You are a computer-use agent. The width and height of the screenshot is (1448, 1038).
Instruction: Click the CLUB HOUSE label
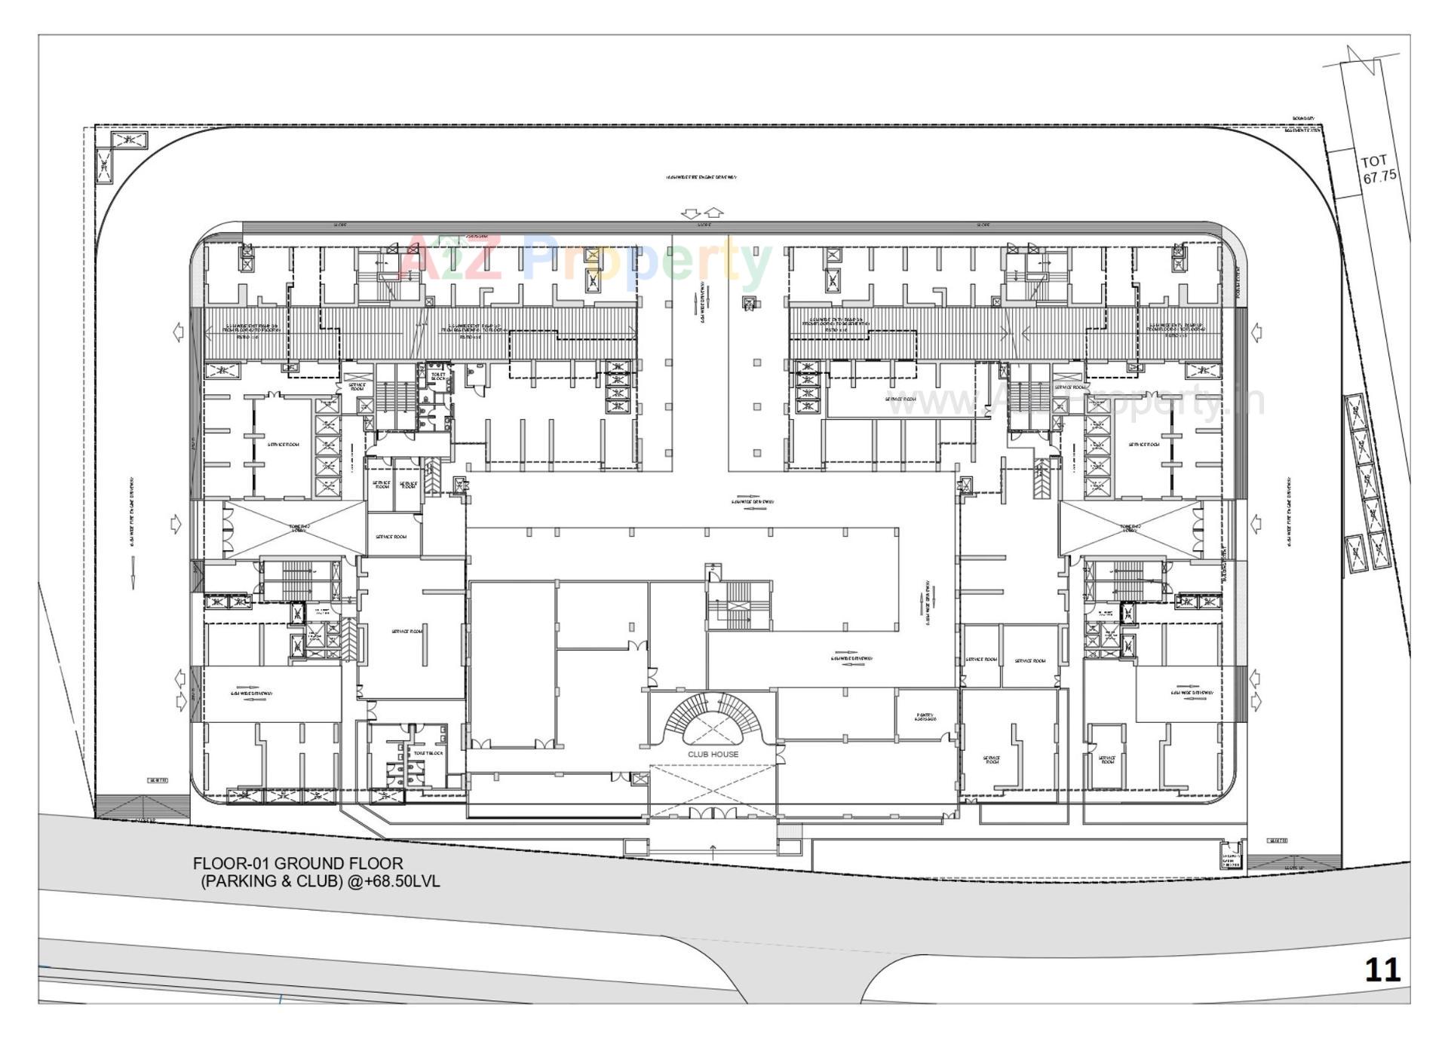(x=713, y=754)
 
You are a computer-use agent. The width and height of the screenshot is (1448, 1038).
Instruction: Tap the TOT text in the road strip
(x=1374, y=161)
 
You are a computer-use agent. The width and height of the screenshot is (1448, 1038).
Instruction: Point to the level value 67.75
(x=1379, y=176)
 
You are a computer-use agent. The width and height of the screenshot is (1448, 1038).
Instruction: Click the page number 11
(x=1382, y=969)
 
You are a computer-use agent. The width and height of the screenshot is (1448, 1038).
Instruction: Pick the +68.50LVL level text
(x=393, y=881)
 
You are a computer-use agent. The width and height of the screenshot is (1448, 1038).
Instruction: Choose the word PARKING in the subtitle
(x=241, y=881)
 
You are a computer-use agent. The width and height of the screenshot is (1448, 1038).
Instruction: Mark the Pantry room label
(x=925, y=716)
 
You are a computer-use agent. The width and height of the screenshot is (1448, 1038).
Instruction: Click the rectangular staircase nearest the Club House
(x=738, y=605)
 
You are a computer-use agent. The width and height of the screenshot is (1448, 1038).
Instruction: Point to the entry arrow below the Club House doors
(x=713, y=852)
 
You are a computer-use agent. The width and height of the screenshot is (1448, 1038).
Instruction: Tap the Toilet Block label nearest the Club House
(x=428, y=753)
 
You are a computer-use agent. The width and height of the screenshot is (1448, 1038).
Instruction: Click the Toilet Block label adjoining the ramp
(x=438, y=375)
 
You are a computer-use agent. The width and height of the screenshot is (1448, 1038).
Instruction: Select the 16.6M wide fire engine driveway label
(x=701, y=178)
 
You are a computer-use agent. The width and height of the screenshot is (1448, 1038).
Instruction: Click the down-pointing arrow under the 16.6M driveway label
(x=690, y=213)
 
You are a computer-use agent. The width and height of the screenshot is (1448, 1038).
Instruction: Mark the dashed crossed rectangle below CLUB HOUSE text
(x=713, y=790)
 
